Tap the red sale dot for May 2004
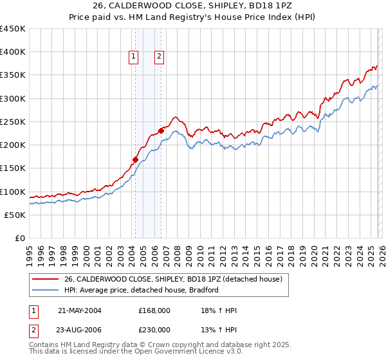pos(135,159)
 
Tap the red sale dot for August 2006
pos(161,130)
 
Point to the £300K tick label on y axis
pos(13,98)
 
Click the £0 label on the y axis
pos(20,238)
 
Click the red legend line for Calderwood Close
pos(46,279)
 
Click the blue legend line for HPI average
pos(46,290)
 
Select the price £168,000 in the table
pos(154,310)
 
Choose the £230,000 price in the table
pos(154,329)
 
